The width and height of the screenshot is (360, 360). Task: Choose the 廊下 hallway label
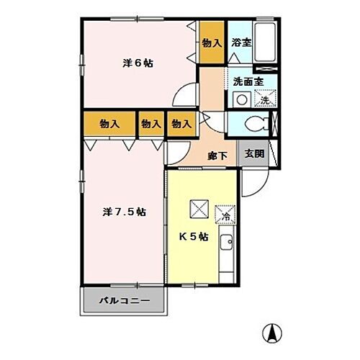(219, 155)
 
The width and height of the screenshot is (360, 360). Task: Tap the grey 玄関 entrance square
(253, 155)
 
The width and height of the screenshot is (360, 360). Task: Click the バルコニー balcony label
(125, 301)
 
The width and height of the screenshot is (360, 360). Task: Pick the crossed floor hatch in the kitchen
(198, 209)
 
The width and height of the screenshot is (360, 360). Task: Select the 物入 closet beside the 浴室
(211, 44)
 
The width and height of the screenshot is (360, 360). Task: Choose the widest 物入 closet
(109, 124)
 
